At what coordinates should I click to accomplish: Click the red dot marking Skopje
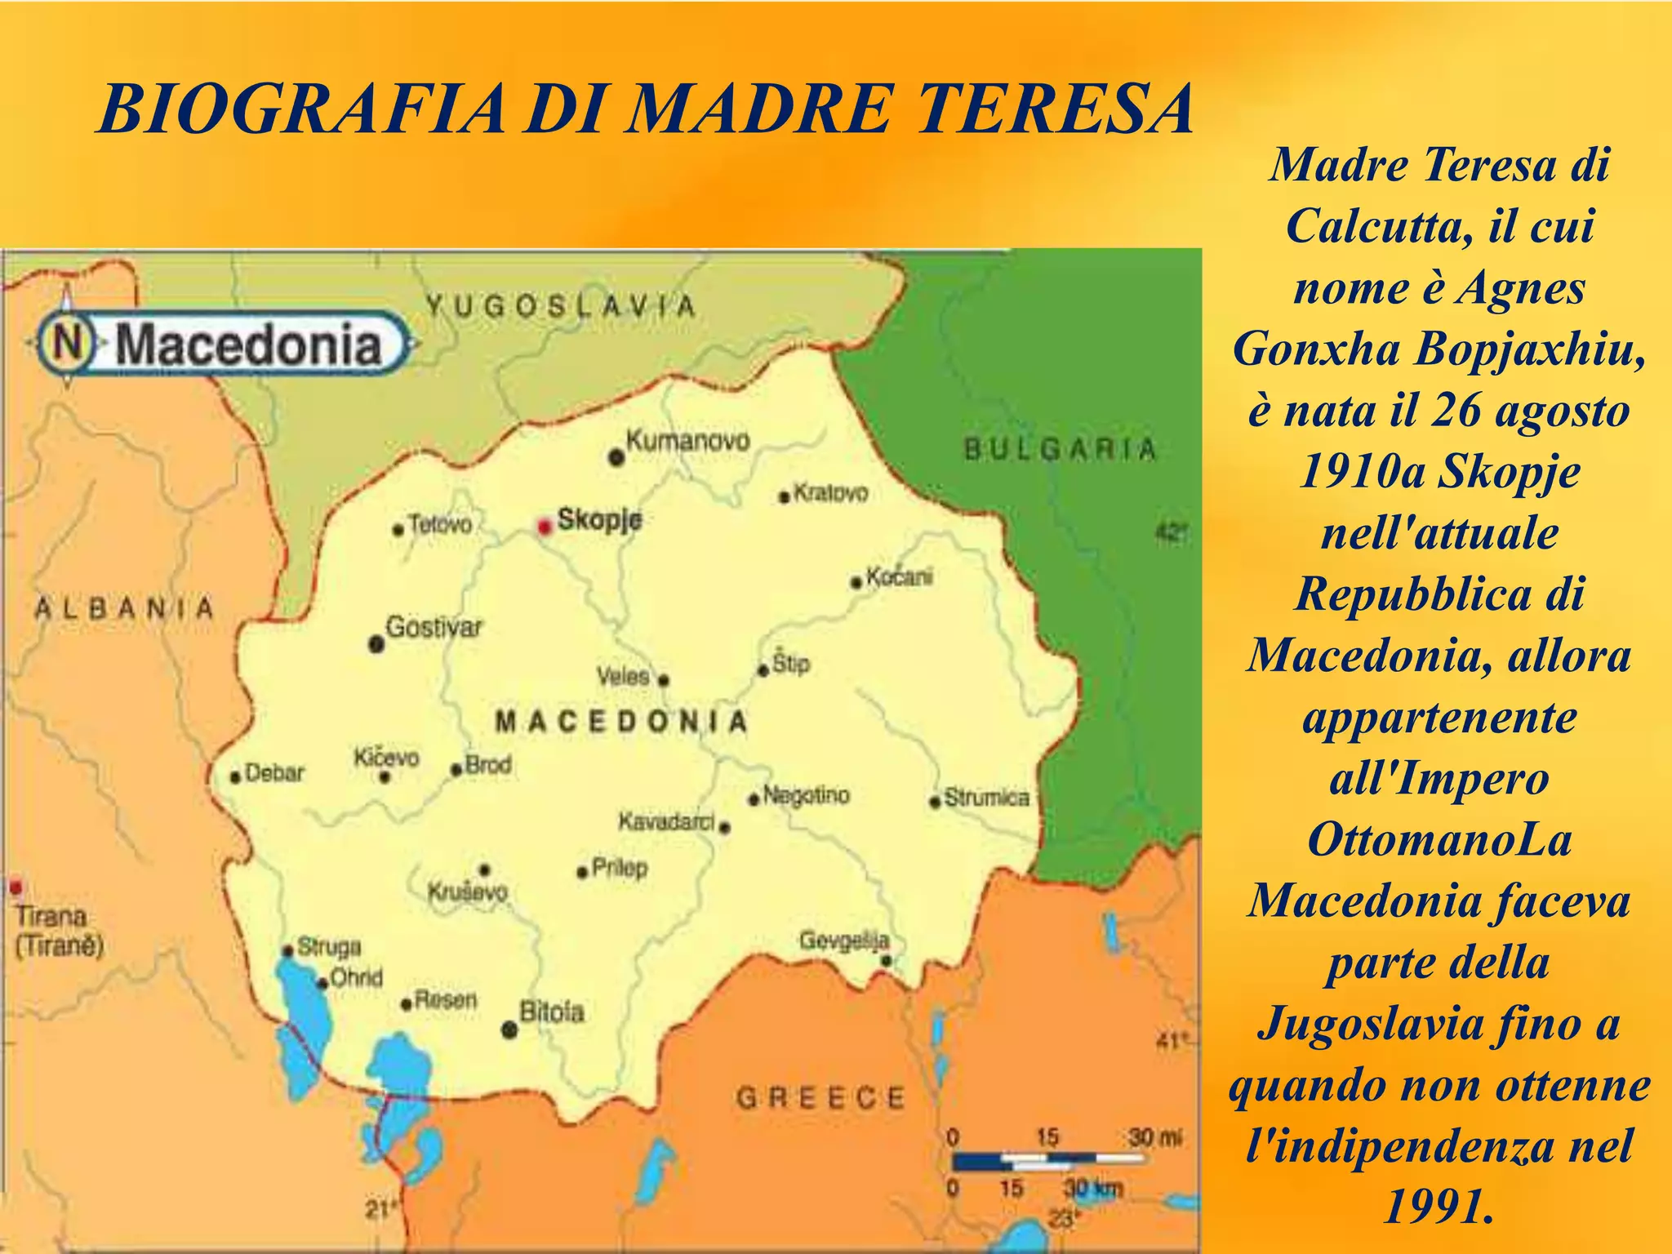[x=545, y=527]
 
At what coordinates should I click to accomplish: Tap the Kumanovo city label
[x=687, y=441]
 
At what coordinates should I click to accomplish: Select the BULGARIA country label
[x=1061, y=449]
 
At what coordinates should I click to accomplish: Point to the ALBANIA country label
[x=124, y=608]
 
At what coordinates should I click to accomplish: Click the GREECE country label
[x=821, y=1098]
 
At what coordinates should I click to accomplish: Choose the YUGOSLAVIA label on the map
[x=561, y=306]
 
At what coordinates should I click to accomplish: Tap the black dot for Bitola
[x=509, y=1029]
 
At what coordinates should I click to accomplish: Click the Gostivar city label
[x=434, y=628]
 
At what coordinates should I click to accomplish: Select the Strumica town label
[x=986, y=798]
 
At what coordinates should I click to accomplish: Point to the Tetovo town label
[x=440, y=524]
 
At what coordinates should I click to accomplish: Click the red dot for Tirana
[x=16, y=887]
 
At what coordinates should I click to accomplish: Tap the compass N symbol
[x=69, y=343]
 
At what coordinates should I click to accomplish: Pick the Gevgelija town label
[x=844, y=941]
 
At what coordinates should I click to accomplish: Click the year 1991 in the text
[x=1439, y=1207]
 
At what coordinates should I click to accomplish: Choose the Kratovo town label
[x=830, y=493]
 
